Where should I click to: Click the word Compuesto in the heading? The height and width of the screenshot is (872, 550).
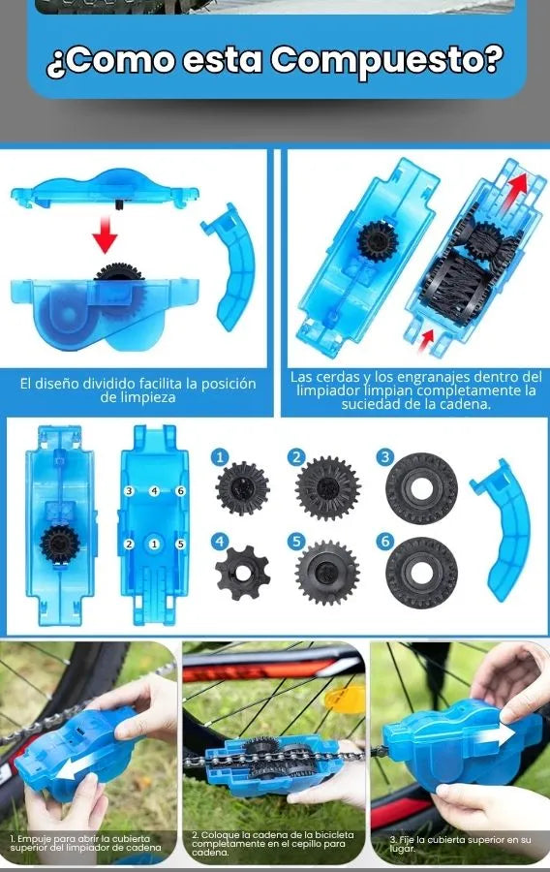387,60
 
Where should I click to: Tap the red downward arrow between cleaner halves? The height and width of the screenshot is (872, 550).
105,234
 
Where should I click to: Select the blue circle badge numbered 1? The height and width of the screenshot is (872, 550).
220,457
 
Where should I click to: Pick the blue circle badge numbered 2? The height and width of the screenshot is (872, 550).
296,457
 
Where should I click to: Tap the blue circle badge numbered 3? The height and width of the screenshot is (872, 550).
384,457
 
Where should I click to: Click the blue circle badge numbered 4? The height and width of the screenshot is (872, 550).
220,541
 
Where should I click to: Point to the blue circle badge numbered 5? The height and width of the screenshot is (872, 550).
296,541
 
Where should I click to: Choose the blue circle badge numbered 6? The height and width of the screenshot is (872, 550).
384,541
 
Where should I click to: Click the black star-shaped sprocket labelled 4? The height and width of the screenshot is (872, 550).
242,573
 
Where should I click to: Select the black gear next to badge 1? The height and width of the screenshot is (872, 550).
242,488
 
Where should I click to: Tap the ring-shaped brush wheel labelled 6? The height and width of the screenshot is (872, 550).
421,573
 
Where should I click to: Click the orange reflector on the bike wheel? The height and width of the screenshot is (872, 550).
345,699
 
